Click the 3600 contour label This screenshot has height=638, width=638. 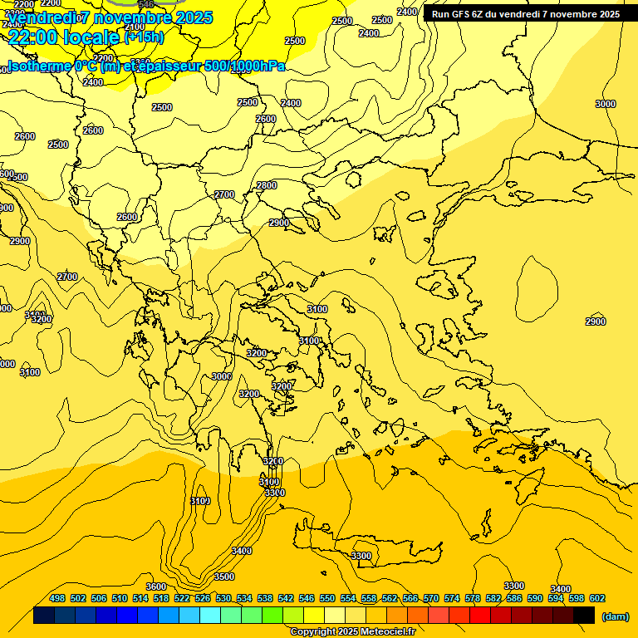point(156,587)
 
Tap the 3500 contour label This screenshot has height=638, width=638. point(224,577)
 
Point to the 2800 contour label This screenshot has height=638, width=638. point(267,185)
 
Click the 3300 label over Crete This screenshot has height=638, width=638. point(361,556)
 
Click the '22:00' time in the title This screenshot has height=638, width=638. point(32,37)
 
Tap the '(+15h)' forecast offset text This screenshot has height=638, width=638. point(144,37)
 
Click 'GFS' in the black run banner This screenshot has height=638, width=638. point(462,14)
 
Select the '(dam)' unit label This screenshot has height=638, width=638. point(615,616)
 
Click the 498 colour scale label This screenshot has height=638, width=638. point(57,598)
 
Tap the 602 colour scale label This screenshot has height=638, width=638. point(597,598)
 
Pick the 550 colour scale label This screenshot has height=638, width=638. point(327,598)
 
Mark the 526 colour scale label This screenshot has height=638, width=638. point(203,598)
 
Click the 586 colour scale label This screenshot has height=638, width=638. point(514,598)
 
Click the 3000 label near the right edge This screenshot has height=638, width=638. point(606,104)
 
